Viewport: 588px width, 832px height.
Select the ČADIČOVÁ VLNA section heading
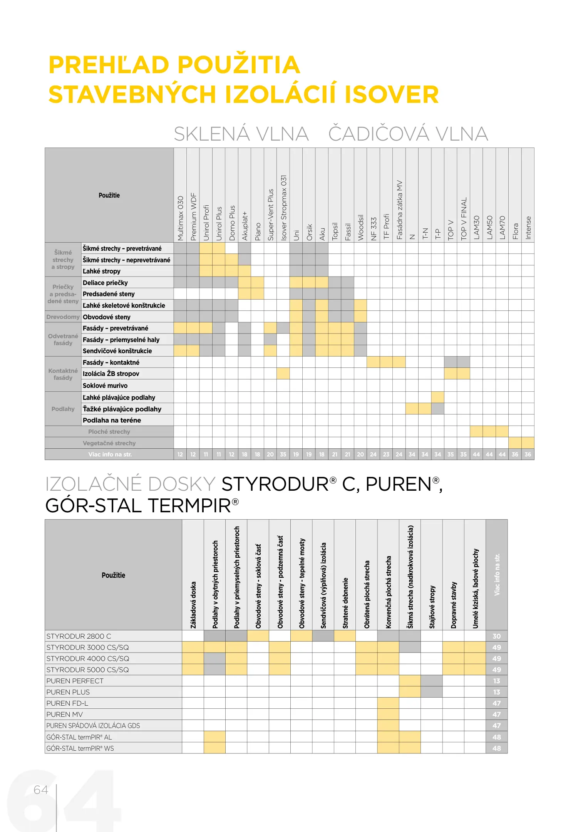click(x=408, y=134)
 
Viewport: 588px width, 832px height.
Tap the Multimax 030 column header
click(x=180, y=218)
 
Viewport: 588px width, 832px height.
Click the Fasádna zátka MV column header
click(x=399, y=210)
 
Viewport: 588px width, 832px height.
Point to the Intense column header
click(x=528, y=228)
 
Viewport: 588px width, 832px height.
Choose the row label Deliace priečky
click(x=105, y=283)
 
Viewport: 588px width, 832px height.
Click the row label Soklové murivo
click(x=105, y=386)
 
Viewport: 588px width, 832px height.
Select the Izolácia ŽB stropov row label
click(x=111, y=374)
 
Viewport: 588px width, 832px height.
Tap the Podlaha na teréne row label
click(x=112, y=420)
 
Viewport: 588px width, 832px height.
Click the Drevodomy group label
click(x=63, y=317)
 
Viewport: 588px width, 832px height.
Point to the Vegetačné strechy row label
click(x=109, y=443)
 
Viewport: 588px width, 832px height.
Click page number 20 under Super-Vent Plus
click(x=270, y=455)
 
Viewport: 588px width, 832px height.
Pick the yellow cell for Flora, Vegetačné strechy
click(x=515, y=443)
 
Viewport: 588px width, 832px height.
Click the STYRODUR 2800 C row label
click(x=79, y=636)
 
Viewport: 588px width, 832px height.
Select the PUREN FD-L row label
click(x=67, y=703)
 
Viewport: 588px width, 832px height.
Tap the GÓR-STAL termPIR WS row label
click(x=80, y=748)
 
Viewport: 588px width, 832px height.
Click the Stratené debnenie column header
click(x=345, y=603)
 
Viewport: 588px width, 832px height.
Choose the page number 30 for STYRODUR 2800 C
click(x=497, y=636)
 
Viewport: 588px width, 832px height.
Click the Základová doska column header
click(x=193, y=605)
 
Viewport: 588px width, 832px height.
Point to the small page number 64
click(x=41, y=790)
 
